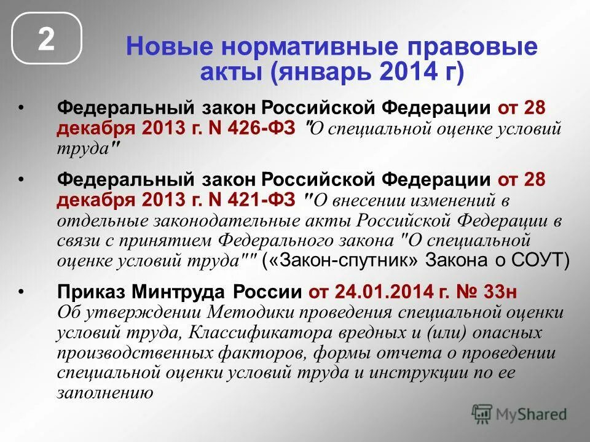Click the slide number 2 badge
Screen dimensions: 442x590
tap(47, 39)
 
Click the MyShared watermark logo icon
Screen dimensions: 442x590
tap(482, 413)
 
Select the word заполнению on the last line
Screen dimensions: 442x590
tap(104, 392)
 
